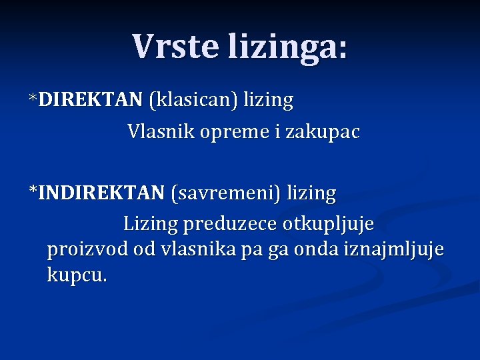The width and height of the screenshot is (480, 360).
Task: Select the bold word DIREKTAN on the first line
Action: click(x=91, y=100)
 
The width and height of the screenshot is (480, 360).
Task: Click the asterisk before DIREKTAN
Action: click(x=33, y=99)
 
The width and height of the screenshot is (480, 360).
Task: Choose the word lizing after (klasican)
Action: click(x=268, y=101)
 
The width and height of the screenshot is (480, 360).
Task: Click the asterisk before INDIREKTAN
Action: click(x=33, y=192)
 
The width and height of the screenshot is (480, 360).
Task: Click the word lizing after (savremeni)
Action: click(x=311, y=194)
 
